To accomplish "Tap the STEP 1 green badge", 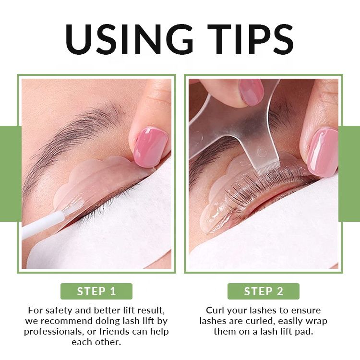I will point(96,291).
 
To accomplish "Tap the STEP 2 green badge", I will point(264,291).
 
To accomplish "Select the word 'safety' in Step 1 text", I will point(57,310).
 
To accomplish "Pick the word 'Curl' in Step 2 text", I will point(215,310).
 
